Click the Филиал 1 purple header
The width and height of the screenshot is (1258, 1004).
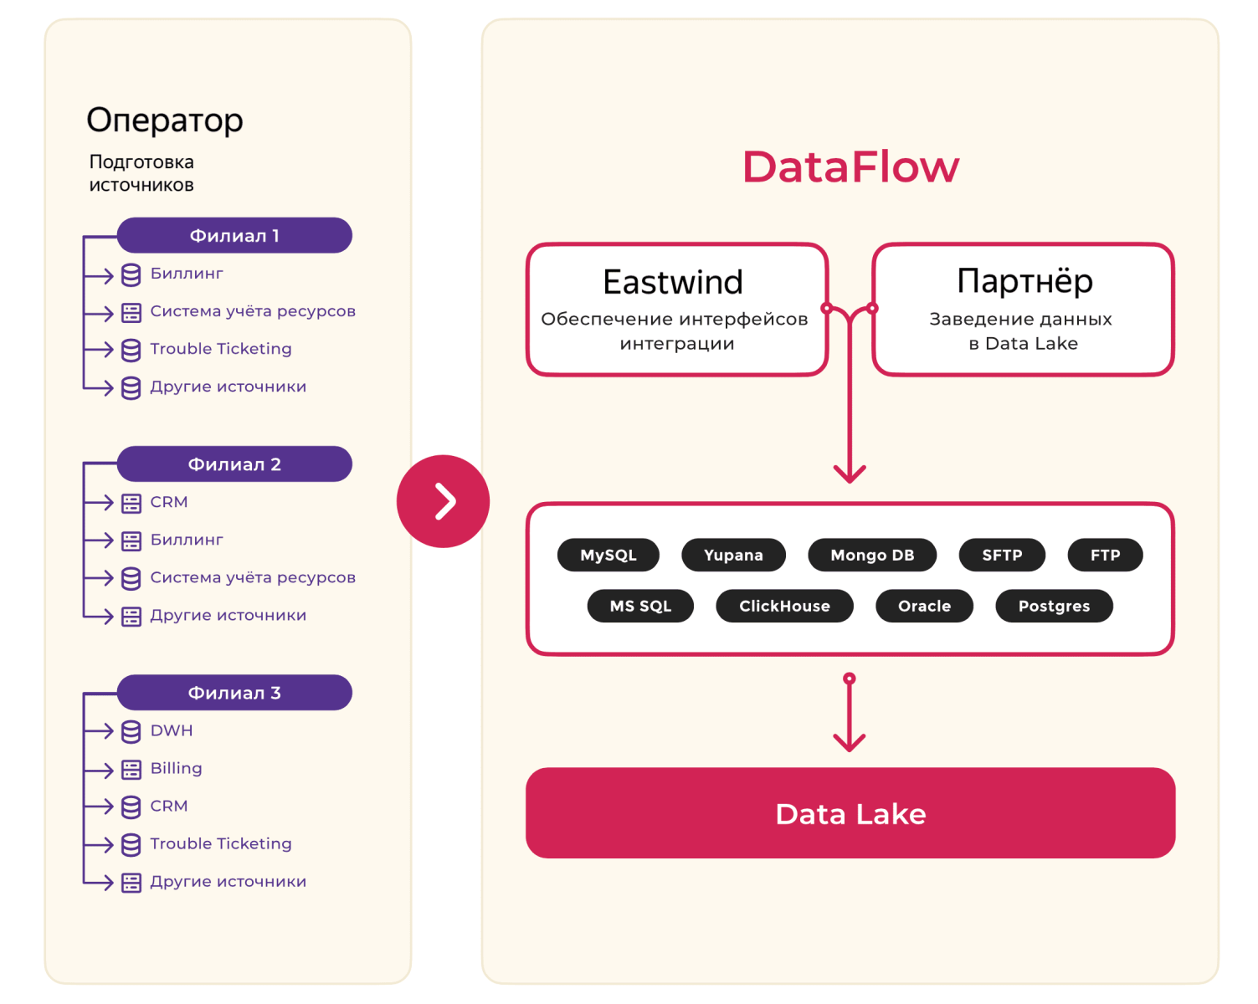click(234, 235)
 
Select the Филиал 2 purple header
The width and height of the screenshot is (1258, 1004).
click(234, 464)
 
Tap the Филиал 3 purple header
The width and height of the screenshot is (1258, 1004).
click(234, 693)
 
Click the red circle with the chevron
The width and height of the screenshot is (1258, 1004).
click(443, 501)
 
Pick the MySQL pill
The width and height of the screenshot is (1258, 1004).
click(608, 555)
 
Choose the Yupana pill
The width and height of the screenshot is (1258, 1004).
click(733, 555)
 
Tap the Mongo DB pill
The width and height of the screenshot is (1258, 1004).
click(872, 555)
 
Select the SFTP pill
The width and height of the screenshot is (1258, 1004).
click(1002, 555)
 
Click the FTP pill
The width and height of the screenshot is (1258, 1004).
click(1105, 555)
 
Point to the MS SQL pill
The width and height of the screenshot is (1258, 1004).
click(640, 606)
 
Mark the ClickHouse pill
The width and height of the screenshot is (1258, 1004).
click(784, 606)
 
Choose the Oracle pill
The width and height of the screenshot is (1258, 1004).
click(924, 606)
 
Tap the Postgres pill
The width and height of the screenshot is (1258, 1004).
click(1054, 606)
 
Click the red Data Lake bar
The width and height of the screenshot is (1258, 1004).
click(850, 813)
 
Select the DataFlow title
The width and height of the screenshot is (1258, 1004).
click(850, 167)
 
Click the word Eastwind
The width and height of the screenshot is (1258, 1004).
click(673, 282)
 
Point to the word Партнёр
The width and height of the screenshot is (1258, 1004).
click(1024, 281)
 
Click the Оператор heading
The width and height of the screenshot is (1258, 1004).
click(165, 121)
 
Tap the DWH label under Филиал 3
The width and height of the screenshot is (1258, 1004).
click(172, 730)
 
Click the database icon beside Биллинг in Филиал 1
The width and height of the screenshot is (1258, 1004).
click(131, 274)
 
